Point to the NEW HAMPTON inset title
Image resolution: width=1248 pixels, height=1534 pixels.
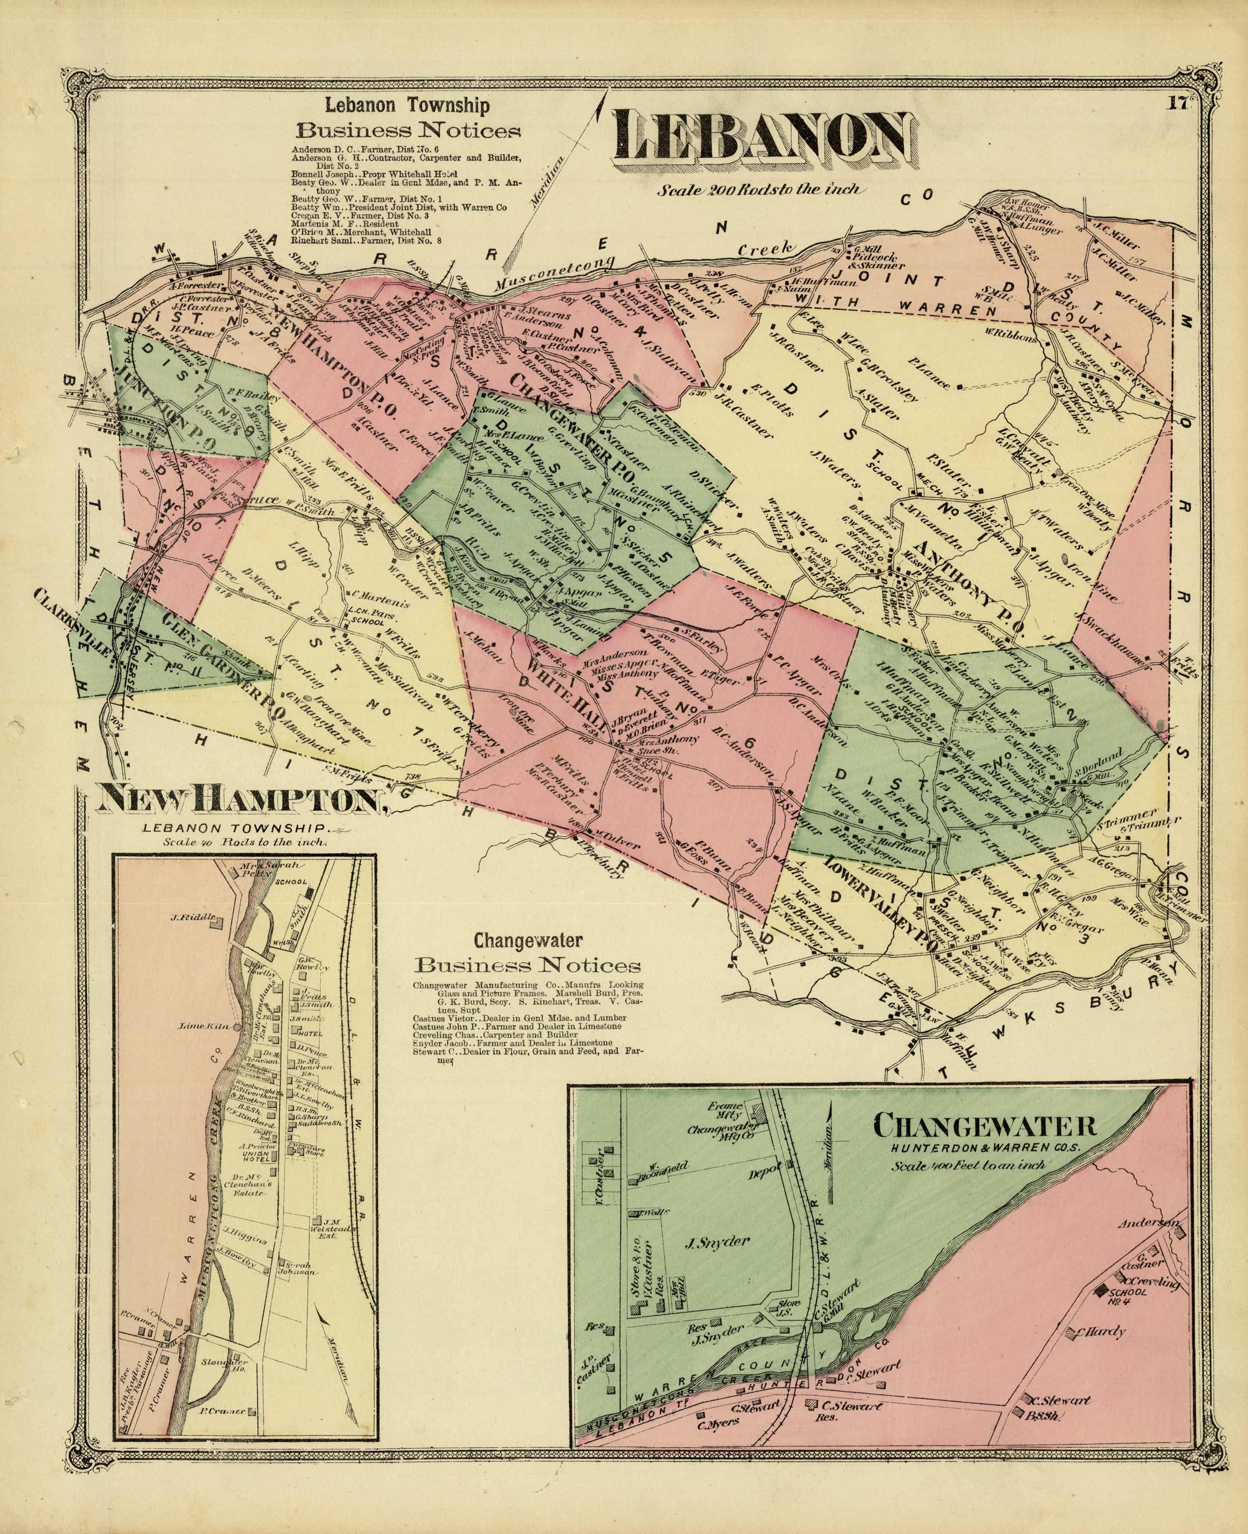(241, 799)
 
